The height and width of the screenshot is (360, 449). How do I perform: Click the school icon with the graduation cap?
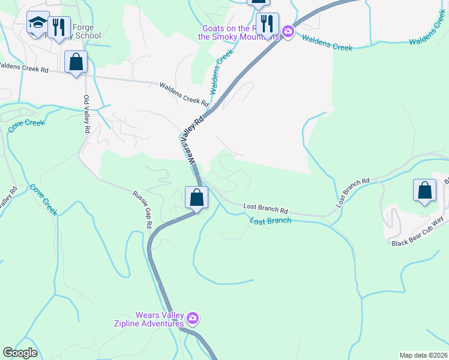coord(38,24)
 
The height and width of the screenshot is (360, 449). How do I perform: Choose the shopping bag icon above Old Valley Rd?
coord(76,62)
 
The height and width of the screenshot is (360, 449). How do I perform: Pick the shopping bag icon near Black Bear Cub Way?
coord(424,190)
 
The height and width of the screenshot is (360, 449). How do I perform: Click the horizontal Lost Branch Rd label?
coord(266,208)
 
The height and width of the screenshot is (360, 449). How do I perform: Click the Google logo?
coord(20,353)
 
